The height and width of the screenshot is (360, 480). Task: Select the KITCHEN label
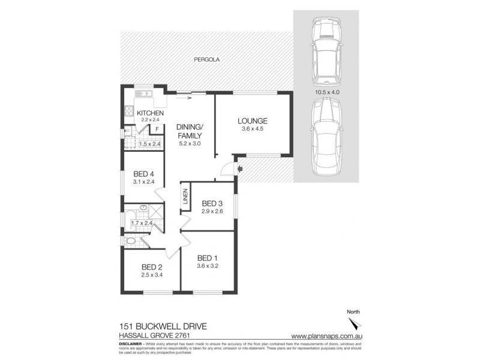(x=150, y=113)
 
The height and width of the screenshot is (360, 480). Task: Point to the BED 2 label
(x=152, y=268)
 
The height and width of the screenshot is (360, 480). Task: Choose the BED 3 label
(x=212, y=202)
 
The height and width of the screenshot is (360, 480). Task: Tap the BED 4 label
(x=143, y=175)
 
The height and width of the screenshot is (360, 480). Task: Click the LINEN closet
(x=185, y=200)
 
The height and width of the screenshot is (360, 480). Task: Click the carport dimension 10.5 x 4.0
(x=327, y=92)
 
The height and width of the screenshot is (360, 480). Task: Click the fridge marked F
(x=157, y=128)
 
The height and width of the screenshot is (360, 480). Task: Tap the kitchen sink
(x=143, y=94)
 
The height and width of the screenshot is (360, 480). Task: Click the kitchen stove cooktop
(x=128, y=110)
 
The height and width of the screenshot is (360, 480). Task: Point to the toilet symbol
(x=131, y=241)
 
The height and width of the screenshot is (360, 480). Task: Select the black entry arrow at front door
(x=240, y=169)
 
